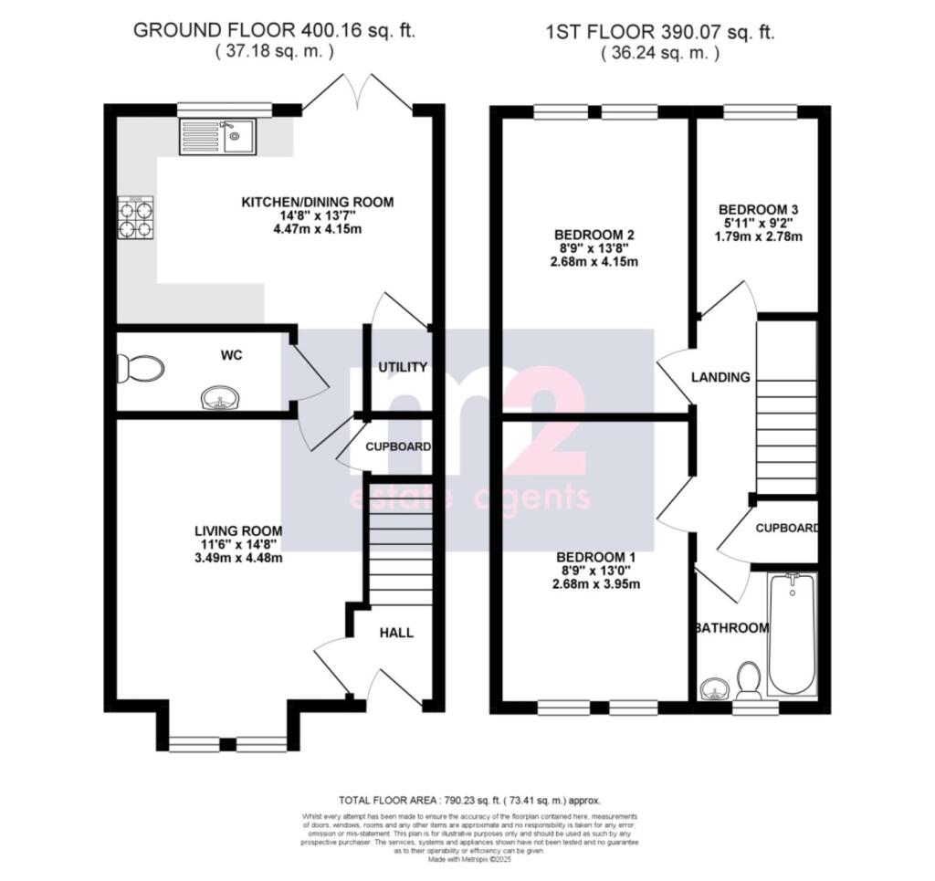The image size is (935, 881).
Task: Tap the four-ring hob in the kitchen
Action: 135,217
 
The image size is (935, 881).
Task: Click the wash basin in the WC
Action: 220,398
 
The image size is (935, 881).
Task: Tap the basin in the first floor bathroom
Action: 714,687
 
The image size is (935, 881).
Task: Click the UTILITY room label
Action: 403,367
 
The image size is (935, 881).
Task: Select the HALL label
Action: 396,632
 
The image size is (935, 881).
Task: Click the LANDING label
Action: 720,377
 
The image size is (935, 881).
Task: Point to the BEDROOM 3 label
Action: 758,207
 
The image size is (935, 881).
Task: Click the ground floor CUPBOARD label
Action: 397,447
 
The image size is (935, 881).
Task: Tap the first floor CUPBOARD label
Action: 786,529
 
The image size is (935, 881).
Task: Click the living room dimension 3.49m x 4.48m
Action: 237,558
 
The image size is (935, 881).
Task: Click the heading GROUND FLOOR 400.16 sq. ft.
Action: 274,30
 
